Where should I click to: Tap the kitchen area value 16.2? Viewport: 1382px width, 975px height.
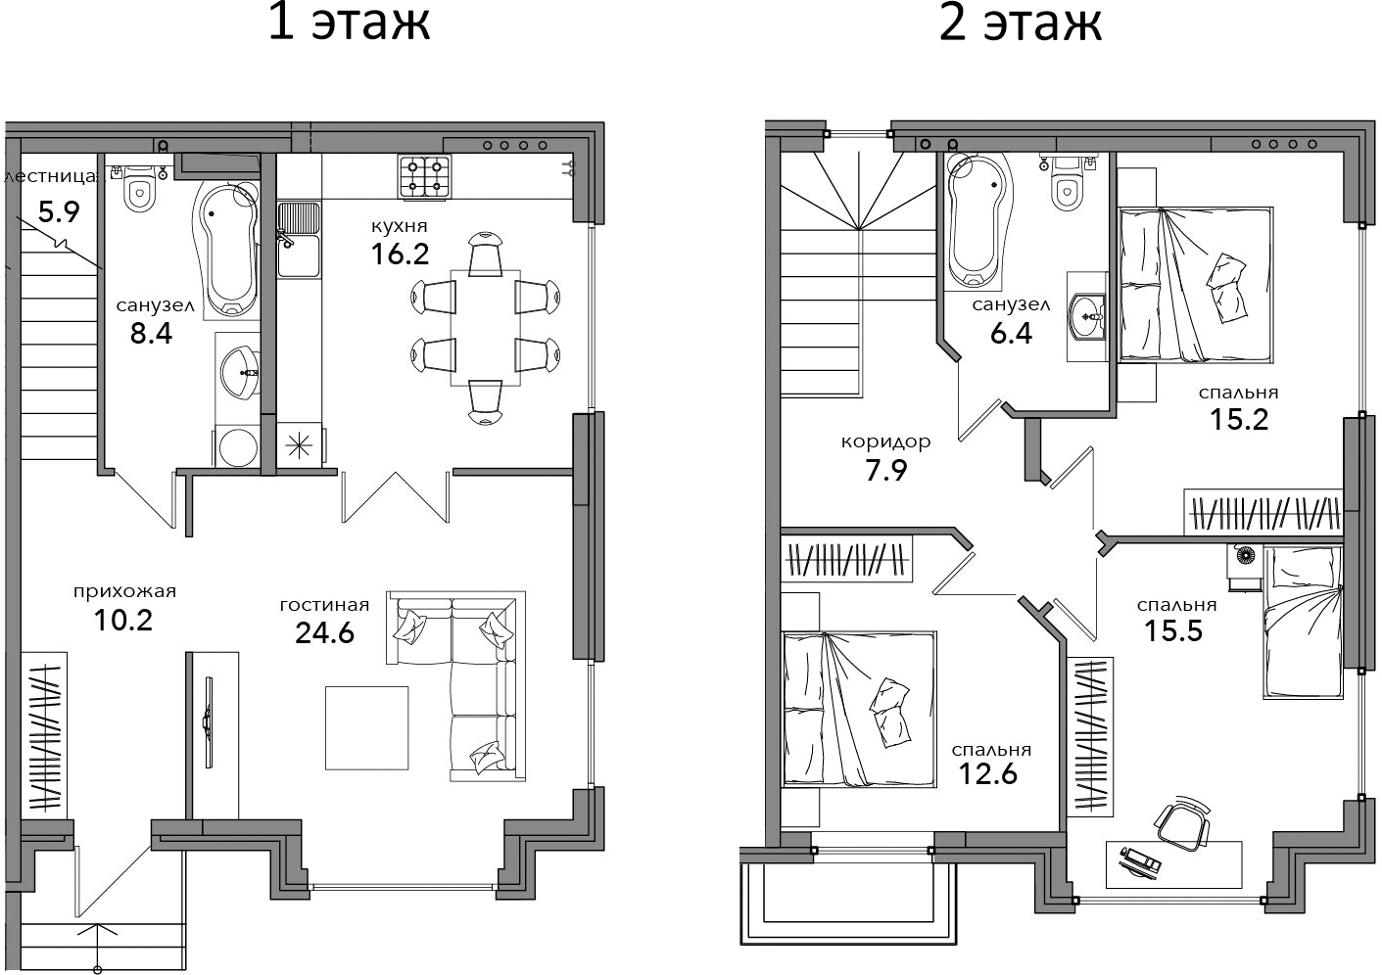click(400, 254)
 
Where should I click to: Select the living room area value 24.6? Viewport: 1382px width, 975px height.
click(324, 632)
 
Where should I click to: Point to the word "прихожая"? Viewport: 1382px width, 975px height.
click(124, 592)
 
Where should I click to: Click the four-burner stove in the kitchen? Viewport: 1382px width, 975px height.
click(424, 176)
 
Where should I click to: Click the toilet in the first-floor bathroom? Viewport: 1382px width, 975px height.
click(139, 189)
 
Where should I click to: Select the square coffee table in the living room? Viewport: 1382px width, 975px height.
click(367, 727)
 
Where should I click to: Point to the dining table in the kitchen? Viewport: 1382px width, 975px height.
click(486, 328)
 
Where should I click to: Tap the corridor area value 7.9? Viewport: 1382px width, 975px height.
click(886, 471)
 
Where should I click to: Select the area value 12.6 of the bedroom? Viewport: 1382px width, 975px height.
click(987, 774)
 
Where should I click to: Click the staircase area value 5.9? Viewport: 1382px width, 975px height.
click(59, 212)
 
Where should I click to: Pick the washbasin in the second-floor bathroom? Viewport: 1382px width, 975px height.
click(1087, 317)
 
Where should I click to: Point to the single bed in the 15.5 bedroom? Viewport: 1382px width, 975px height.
click(1303, 623)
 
